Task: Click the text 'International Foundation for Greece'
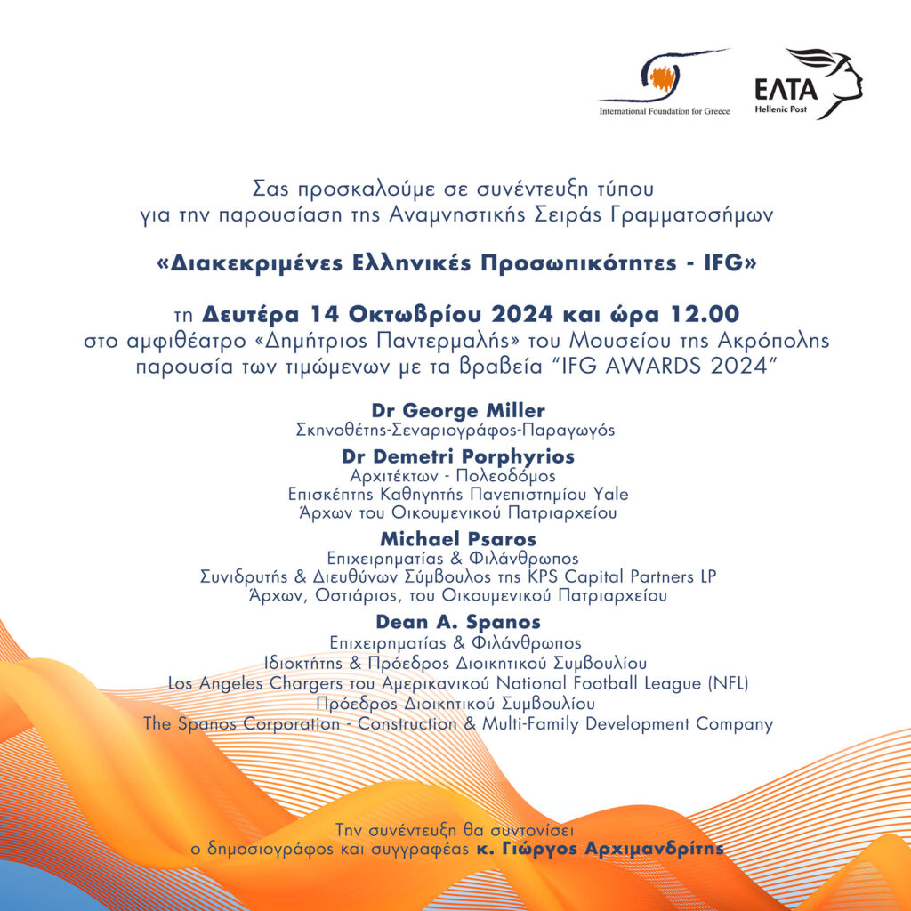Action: tap(665, 112)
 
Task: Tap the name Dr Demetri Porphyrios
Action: tap(458, 456)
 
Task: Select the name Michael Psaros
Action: tap(457, 539)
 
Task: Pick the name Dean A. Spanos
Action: tap(457, 622)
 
